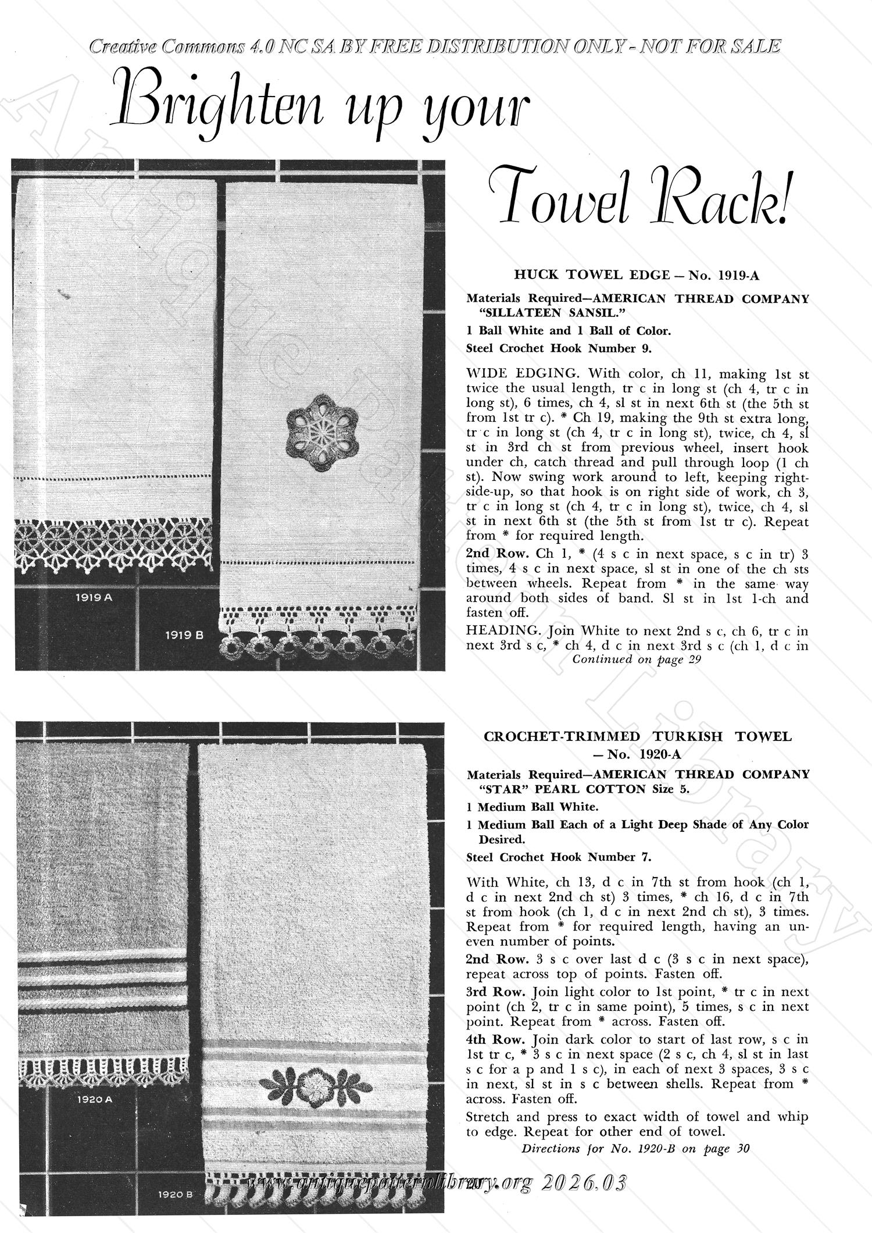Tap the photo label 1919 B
[x=184, y=635]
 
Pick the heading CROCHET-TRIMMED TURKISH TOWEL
[x=638, y=737]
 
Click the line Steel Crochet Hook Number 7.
[x=559, y=857]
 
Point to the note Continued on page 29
[x=637, y=660]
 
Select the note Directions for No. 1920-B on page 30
[x=636, y=1149]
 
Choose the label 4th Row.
[x=495, y=1039]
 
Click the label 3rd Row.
[x=495, y=992]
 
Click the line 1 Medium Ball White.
[x=531, y=807]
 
